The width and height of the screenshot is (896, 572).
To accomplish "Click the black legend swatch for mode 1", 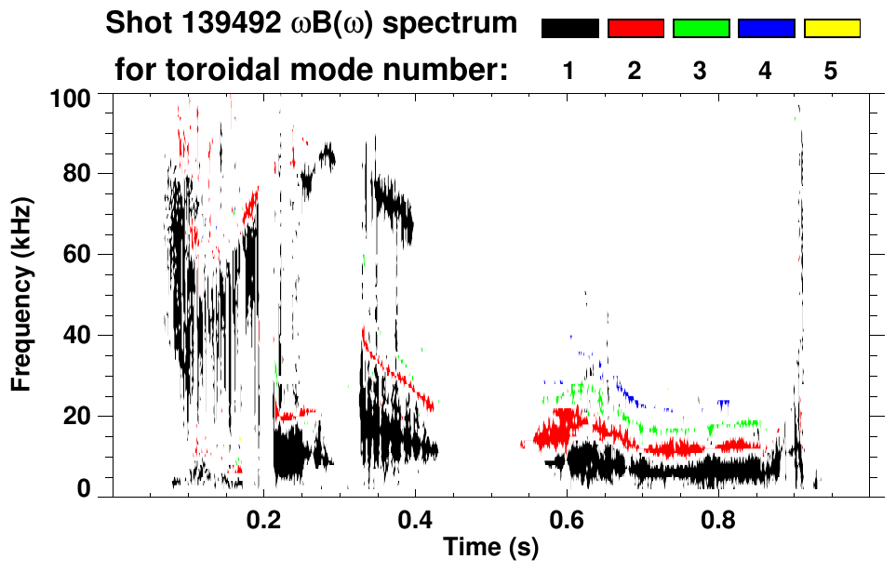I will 569,29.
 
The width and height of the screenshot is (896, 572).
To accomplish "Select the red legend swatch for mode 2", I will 635,29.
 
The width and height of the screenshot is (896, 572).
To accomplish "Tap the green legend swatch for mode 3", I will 701,29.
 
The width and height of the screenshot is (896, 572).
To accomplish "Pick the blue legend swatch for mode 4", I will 766,29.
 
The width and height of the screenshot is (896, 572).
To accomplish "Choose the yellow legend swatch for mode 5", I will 831,29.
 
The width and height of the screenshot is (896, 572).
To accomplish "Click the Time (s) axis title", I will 490,548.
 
